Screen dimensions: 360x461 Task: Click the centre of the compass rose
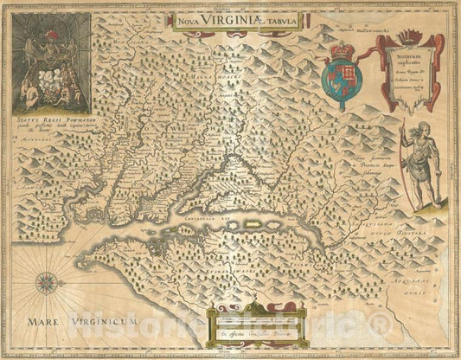47,282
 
